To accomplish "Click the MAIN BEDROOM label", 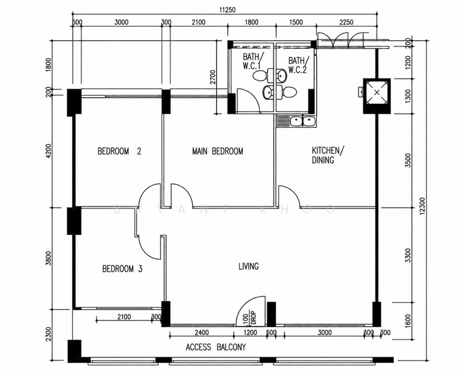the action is point(218,151).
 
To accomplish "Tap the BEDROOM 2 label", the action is point(119,151).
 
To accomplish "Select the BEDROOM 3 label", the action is point(122,268).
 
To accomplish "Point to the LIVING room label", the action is point(249,267).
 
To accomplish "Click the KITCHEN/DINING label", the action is point(328,155).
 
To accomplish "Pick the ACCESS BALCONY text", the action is point(216,347).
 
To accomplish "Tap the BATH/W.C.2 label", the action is point(298,65).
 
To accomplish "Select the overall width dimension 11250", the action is point(227,10).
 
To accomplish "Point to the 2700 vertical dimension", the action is point(213,77).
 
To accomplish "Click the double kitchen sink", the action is point(302,121).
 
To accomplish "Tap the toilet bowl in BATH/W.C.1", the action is point(260,75).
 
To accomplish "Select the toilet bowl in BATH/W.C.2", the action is point(289,92).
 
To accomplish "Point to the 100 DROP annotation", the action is point(249,318).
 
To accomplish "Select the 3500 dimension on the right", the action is point(408,160).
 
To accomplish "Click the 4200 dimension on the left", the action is point(49,151).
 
